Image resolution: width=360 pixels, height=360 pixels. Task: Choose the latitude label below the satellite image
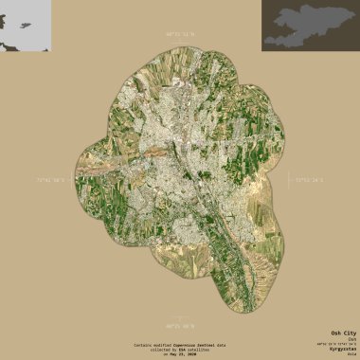point(179,326)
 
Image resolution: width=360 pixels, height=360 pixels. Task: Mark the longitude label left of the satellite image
point(53,179)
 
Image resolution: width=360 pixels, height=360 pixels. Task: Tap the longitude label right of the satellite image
point(309,179)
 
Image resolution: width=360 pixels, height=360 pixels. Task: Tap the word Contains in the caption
point(142,344)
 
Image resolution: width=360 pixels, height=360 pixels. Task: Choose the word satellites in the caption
point(199,349)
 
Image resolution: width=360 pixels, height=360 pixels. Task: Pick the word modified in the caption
point(163,344)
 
